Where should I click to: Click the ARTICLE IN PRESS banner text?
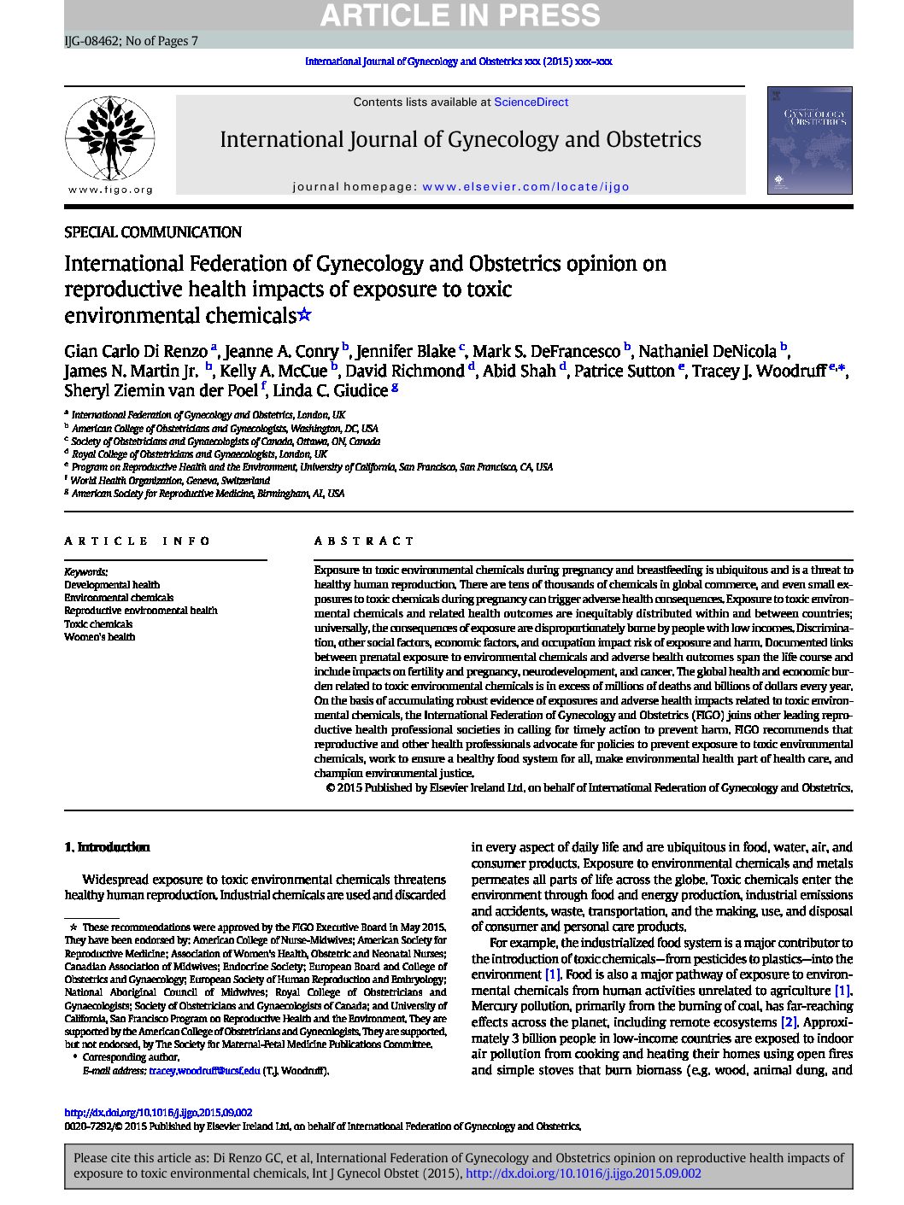(x=460, y=15)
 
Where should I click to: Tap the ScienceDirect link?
(x=531, y=102)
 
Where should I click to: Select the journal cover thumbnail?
(x=809, y=140)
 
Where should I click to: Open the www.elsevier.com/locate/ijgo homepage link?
(x=525, y=187)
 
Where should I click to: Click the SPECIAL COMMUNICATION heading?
(x=153, y=232)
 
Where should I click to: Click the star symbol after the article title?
(x=304, y=315)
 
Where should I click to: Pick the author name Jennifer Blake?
(x=405, y=351)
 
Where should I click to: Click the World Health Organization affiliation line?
(x=170, y=481)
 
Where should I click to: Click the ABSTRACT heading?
(x=364, y=541)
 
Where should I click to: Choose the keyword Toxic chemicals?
(x=98, y=624)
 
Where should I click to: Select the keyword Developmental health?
(x=112, y=585)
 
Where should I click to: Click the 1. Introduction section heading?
(x=107, y=847)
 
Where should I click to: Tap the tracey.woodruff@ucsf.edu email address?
(x=204, y=1071)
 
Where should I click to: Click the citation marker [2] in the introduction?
(x=789, y=1022)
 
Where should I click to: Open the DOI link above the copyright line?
(x=158, y=1113)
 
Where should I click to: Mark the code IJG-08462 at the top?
(x=91, y=41)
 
